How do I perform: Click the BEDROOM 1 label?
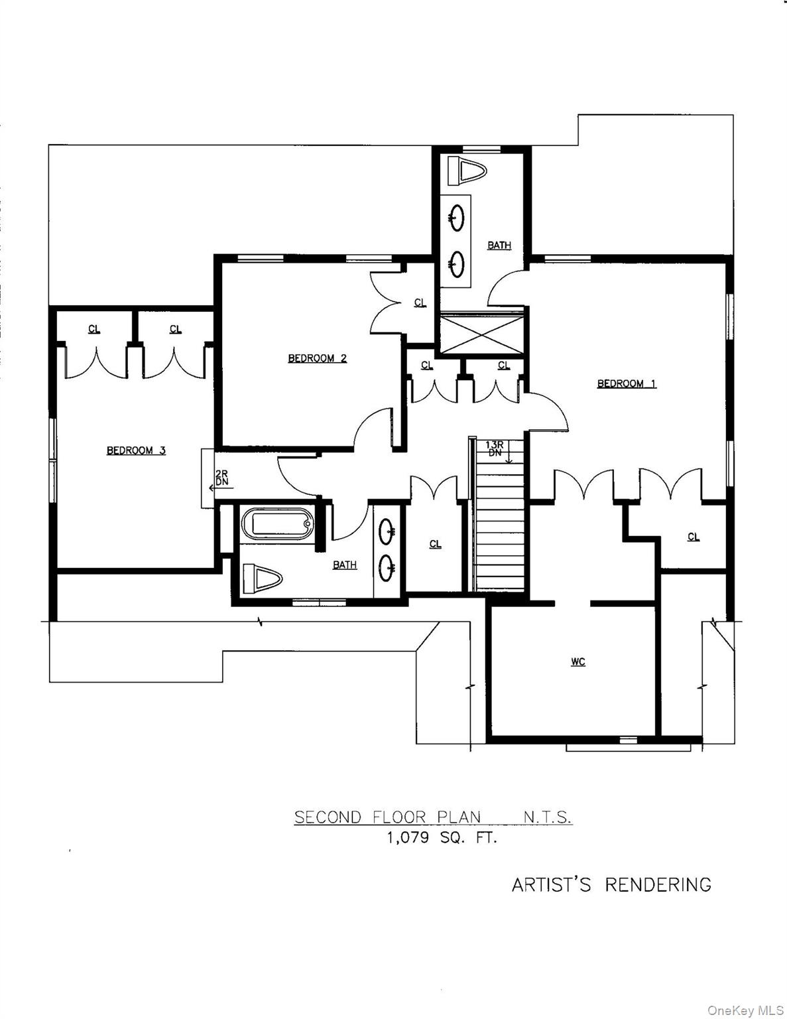click(x=627, y=383)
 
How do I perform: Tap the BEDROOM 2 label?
click(x=317, y=358)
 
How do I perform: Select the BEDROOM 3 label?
click(x=136, y=450)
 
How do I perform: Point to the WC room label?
click(x=578, y=661)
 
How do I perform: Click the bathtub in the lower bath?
click(x=278, y=525)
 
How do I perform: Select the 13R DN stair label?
click(x=495, y=448)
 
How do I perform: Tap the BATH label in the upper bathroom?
click(x=499, y=245)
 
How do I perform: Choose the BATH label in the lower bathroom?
click(x=345, y=565)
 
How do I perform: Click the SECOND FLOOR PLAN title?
click(x=387, y=817)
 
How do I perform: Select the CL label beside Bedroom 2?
click(x=420, y=303)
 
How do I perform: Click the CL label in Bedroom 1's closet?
click(x=694, y=537)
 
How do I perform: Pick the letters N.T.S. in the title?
click(x=547, y=817)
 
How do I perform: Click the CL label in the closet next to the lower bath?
click(x=435, y=544)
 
